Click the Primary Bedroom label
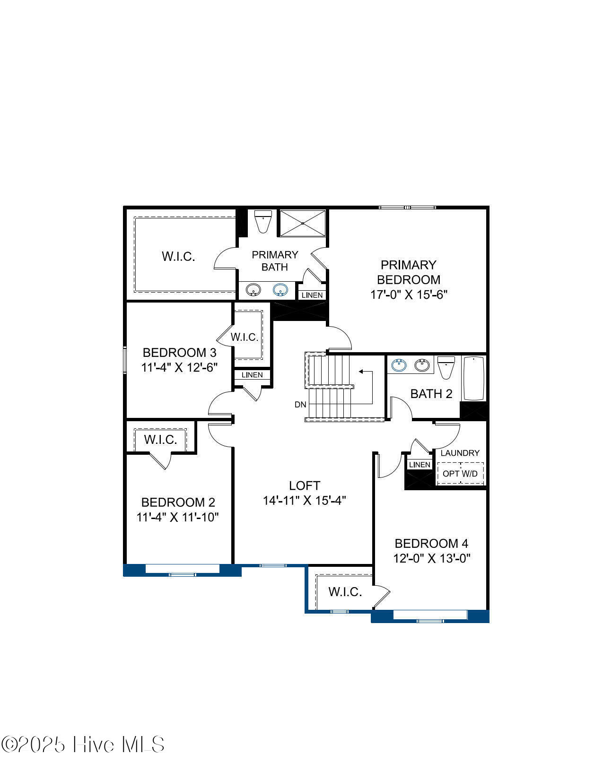(409, 272)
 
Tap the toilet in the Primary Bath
(262, 221)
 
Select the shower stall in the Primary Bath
(303, 223)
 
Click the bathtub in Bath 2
(473, 378)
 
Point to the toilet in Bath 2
(446, 367)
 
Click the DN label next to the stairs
(300, 404)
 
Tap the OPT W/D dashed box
(460, 473)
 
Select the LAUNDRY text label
(460, 453)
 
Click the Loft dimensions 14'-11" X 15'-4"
(305, 501)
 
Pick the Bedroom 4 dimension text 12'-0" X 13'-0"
(431, 558)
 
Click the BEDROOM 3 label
(179, 353)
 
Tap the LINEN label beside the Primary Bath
(312, 295)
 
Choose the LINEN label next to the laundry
(419, 465)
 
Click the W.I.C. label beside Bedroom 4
(345, 591)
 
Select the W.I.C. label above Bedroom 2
(161, 440)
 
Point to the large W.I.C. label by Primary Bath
(178, 257)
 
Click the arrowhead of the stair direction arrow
(361, 372)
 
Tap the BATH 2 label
(431, 394)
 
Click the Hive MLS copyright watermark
(83, 745)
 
